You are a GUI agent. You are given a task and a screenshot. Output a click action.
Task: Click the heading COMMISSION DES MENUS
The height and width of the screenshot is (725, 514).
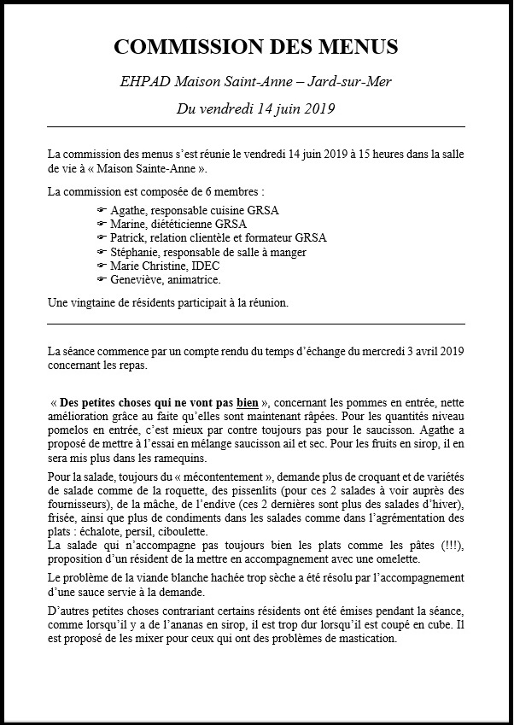(256, 46)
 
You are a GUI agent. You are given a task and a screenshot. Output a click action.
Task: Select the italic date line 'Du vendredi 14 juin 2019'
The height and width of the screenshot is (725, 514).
(256, 108)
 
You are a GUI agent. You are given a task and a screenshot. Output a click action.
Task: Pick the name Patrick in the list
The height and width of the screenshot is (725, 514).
(127, 237)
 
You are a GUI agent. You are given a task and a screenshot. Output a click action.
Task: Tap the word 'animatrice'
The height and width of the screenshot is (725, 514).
(193, 279)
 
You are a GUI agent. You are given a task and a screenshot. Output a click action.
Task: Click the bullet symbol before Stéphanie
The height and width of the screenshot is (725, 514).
(102, 252)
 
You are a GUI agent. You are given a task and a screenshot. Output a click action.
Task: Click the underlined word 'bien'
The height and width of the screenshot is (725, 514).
(248, 402)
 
